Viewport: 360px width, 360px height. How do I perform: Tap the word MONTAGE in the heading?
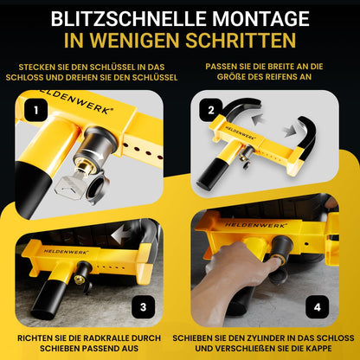point(261,19)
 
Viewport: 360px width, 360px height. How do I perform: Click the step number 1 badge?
point(36,110)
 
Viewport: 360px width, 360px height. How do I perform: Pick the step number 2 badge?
point(211,110)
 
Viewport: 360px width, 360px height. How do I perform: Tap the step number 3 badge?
point(144,307)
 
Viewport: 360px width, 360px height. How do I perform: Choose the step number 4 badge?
point(318,307)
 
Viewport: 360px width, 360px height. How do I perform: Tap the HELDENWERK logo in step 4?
point(254,224)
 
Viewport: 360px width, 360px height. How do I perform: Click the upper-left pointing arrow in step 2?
point(259,119)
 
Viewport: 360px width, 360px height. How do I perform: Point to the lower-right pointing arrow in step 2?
point(289,131)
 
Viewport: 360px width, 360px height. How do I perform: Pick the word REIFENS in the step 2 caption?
point(292,77)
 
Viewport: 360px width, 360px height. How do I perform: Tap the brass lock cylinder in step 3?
point(78,279)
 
